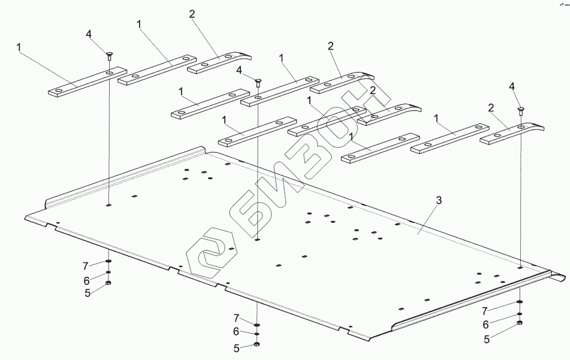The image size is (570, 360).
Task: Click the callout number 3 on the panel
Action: point(439,200)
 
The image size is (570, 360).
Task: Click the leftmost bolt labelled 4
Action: point(108,56)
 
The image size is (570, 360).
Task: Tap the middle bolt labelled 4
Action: point(258,82)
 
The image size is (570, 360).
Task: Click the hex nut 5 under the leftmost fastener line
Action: point(108,283)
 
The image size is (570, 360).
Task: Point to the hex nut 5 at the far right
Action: point(520,323)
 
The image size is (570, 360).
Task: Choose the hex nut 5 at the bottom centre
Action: point(257,344)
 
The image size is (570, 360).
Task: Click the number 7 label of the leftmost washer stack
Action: point(86,267)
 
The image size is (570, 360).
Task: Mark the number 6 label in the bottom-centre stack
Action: point(236,331)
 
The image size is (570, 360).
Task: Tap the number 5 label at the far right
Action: point(487,339)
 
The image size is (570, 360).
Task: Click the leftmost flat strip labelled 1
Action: point(88,82)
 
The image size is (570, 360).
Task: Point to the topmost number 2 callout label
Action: point(192,14)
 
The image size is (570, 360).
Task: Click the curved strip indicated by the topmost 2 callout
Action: point(219,63)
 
